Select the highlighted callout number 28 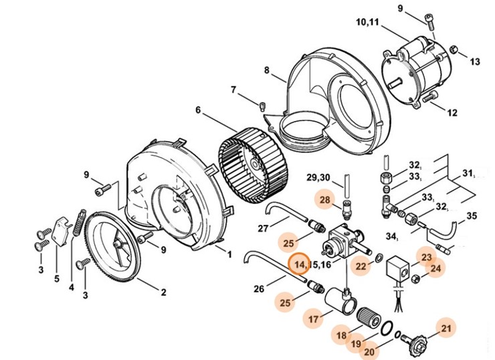click(x=325, y=200)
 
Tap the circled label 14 click(x=298, y=264)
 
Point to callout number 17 click(x=312, y=318)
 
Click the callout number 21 click(x=445, y=328)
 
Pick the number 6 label click(x=198, y=110)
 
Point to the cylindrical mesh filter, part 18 click(x=369, y=314)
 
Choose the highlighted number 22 click(x=361, y=266)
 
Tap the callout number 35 click(x=472, y=216)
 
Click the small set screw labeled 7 click(x=262, y=104)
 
